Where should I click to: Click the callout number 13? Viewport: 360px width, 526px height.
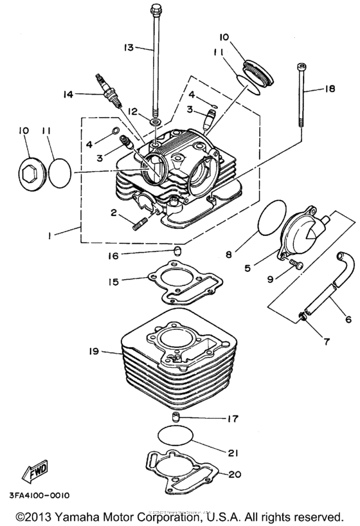click(x=128, y=47)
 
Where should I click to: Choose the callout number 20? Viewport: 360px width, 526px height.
click(x=234, y=475)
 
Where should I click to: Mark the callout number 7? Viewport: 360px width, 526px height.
click(x=327, y=341)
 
